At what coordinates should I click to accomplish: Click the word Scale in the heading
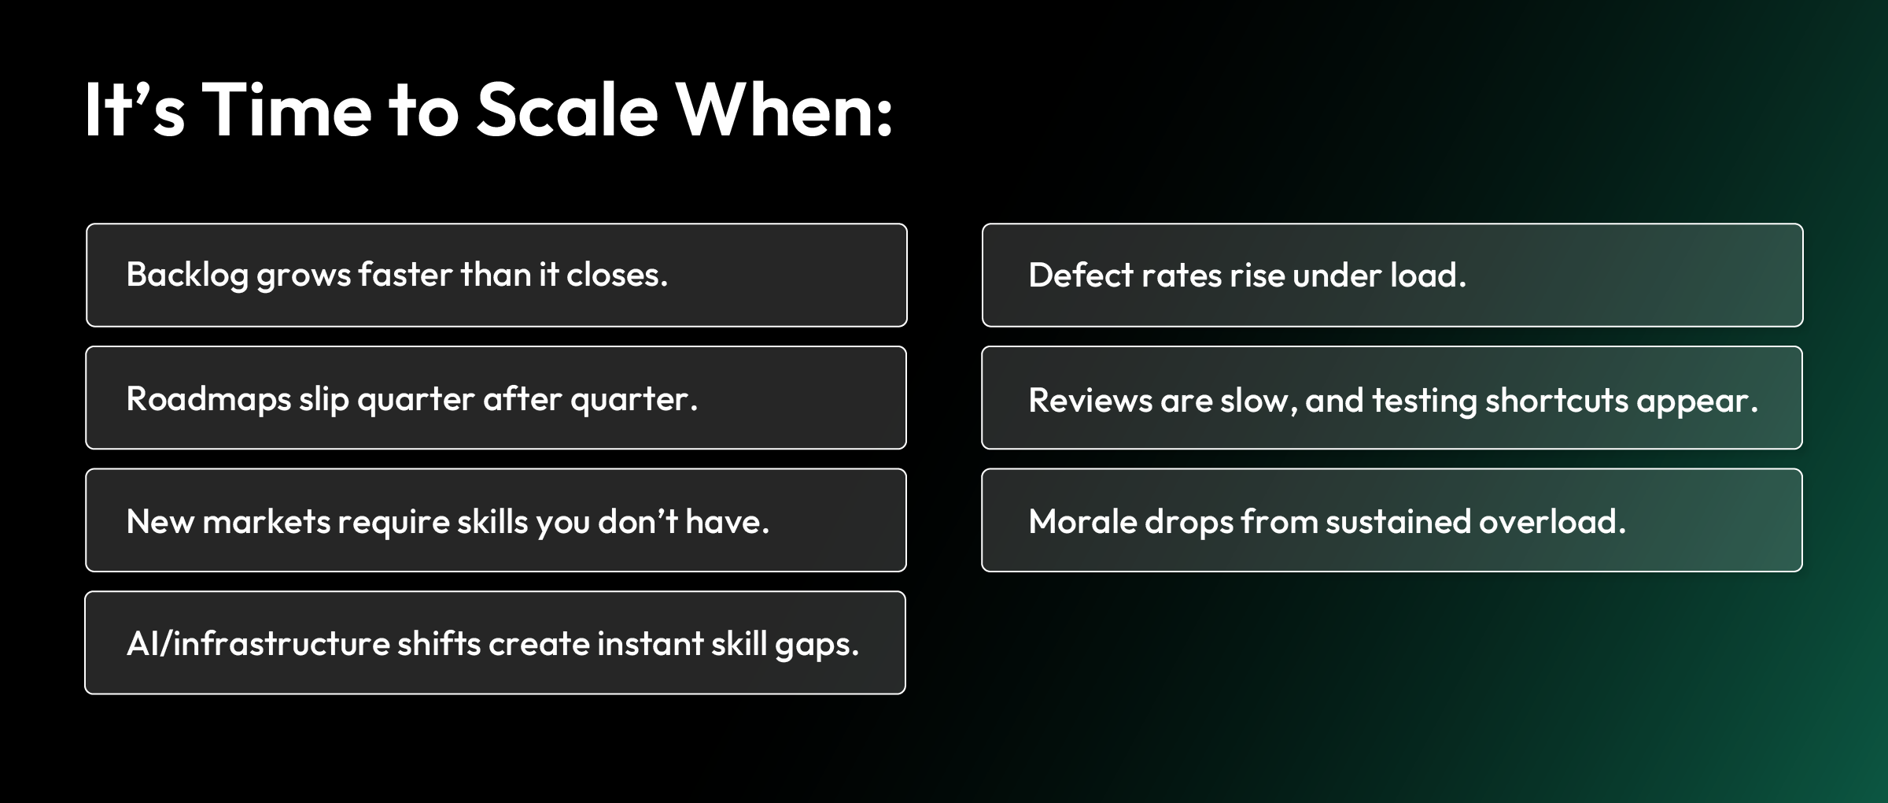(566, 110)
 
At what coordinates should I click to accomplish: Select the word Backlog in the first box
(187, 276)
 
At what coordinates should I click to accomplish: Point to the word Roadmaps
(208, 399)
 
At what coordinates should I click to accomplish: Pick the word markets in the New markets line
(266, 521)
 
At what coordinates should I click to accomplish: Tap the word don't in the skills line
(638, 521)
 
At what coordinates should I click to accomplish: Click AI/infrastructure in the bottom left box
(258, 644)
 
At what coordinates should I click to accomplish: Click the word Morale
(1082, 522)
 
